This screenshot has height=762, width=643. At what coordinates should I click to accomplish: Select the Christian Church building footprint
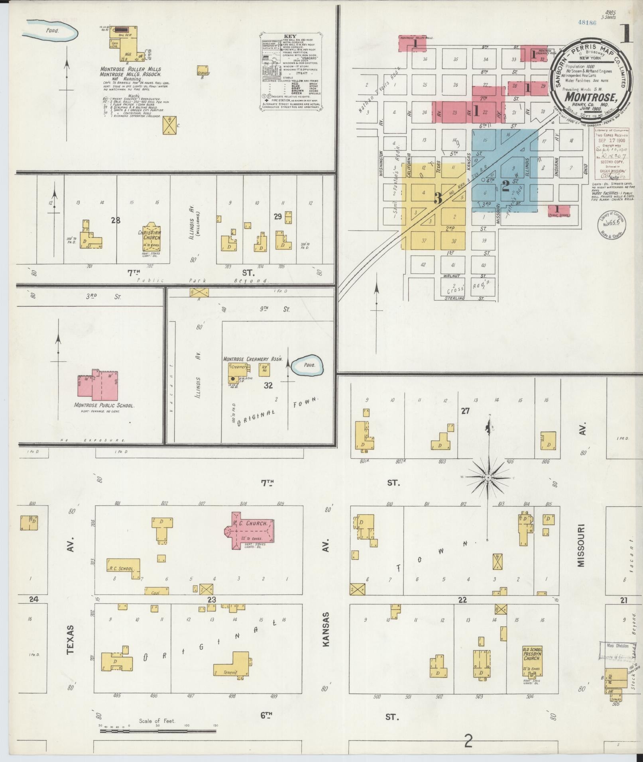point(149,237)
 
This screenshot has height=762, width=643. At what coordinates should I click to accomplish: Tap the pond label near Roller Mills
point(52,30)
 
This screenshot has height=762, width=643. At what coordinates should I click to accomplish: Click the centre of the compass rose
point(488,477)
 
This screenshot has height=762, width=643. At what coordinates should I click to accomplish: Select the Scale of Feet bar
point(157,731)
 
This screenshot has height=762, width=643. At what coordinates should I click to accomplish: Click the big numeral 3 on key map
point(438,198)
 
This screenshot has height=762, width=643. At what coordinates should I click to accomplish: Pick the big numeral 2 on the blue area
point(505,185)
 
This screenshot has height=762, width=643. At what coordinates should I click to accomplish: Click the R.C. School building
point(124,567)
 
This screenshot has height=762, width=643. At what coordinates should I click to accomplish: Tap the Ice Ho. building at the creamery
point(264,369)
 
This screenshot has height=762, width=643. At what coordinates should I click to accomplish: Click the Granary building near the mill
point(203,71)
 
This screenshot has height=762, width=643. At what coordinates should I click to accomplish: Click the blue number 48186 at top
point(587,23)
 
